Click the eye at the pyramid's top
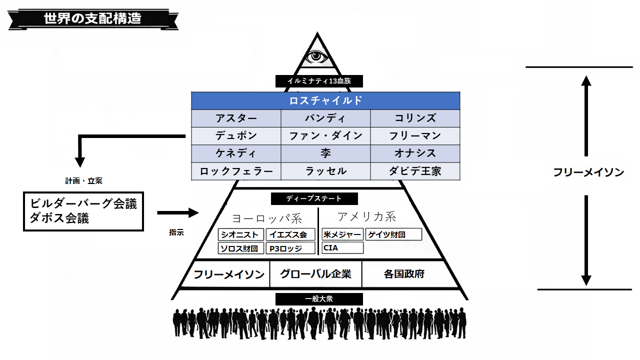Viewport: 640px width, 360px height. pyautogui.click(x=315, y=56)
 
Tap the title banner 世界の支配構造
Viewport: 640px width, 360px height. pyautogui.click(x=92, y=18)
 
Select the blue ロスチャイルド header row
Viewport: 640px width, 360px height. pyautogui.click(x=325, y=100)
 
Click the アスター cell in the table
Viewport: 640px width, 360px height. pyautogui.click(x=236, y=118)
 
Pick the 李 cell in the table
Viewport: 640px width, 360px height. pyautogui.click(x=325, y=153)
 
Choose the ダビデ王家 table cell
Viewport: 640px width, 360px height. pyautogui.click(x=415, y=171)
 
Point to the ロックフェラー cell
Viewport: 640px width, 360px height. pyautogui.click(x=236, y=171)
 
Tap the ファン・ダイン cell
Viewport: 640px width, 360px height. pyautogui.click(x=325, y=136)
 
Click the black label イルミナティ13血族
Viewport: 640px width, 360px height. pyautogui.click(x=318, y=81)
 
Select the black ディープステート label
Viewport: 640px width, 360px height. pyautogui.click(x=314, y=198)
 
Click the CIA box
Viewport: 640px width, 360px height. pyautogui.click(x=342, y=247)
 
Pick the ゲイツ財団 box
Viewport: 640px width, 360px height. pyautogui.click(x=393, y=234)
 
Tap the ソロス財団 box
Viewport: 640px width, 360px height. pyautogui.click(x=241, y=248)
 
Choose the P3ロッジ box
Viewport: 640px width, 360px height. pyautogui.click(x=290, y=248)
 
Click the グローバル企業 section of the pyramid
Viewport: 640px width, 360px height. pyautogui.click(x=315, y=274)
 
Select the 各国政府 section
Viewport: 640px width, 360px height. pyautogui.click(x=404, y=274)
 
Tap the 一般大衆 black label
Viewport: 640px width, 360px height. pyautogui.click(x=318, y=299)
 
